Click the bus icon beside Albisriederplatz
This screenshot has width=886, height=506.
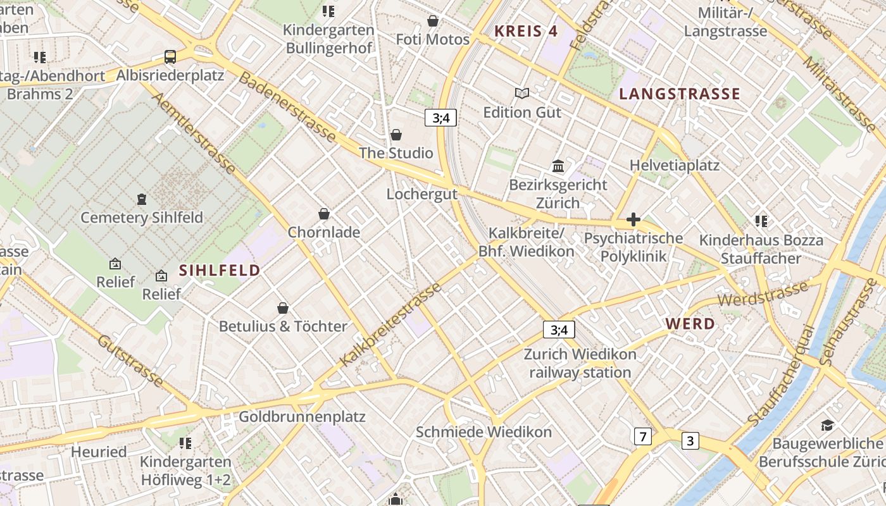pos(170,57)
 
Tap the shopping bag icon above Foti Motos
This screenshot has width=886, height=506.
pos(433,21)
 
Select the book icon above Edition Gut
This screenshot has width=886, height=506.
pos(521,94)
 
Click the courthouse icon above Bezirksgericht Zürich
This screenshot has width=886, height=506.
pos(558,166)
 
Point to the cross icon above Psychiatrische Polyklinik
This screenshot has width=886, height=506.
pos(633,219)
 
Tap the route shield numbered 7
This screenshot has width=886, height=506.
pos(643,436)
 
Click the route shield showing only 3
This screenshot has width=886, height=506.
pos(690,440)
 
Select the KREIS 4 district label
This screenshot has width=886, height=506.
pos(526,31)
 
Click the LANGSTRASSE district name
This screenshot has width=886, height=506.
pos(679,94)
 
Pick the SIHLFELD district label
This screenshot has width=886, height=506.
pos(220,271)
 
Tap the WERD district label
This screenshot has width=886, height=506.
pos(690,324)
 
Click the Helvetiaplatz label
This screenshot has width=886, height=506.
pos(674,165)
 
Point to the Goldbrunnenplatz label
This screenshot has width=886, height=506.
pos(302,417)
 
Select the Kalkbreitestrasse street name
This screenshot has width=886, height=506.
pos(390,325)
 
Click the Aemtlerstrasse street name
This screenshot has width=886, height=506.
pos(194,133)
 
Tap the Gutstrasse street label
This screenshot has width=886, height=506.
pos(130,360)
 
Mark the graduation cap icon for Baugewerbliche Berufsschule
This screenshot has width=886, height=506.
pos(827,424)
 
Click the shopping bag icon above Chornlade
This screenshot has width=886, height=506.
pos(324,214)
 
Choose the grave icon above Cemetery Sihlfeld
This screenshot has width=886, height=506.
pos(142,199)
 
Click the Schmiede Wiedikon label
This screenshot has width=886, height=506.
pos(484,432)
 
